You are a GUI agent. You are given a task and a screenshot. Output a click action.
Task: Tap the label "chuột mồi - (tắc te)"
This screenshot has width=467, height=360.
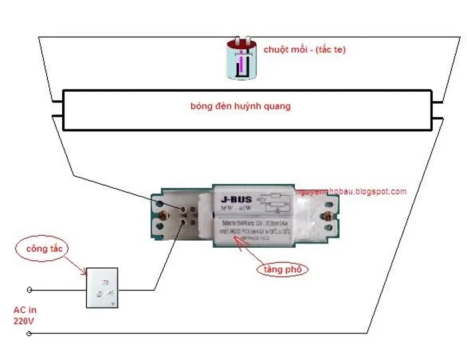[x=304, y=49]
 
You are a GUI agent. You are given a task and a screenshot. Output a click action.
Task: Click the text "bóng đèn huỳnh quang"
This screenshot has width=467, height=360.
[x=241, y=106]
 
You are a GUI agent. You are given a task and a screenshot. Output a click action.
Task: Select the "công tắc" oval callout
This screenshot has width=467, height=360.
[x=47, y=249]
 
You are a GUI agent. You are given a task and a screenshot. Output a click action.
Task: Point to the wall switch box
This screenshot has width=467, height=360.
[x=102, y=288]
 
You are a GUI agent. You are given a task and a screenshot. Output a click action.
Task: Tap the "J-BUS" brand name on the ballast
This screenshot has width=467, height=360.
[x=237, y=199]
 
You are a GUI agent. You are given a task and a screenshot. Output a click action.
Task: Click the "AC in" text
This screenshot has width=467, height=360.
[x=25, y=310]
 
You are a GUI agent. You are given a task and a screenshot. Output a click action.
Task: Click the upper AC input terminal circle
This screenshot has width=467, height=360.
[x=29, y=290]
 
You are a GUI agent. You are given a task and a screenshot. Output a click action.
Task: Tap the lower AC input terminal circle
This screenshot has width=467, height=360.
[x=29, y=333]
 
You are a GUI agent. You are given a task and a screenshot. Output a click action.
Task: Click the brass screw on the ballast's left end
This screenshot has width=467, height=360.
[x=166, y=216]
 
